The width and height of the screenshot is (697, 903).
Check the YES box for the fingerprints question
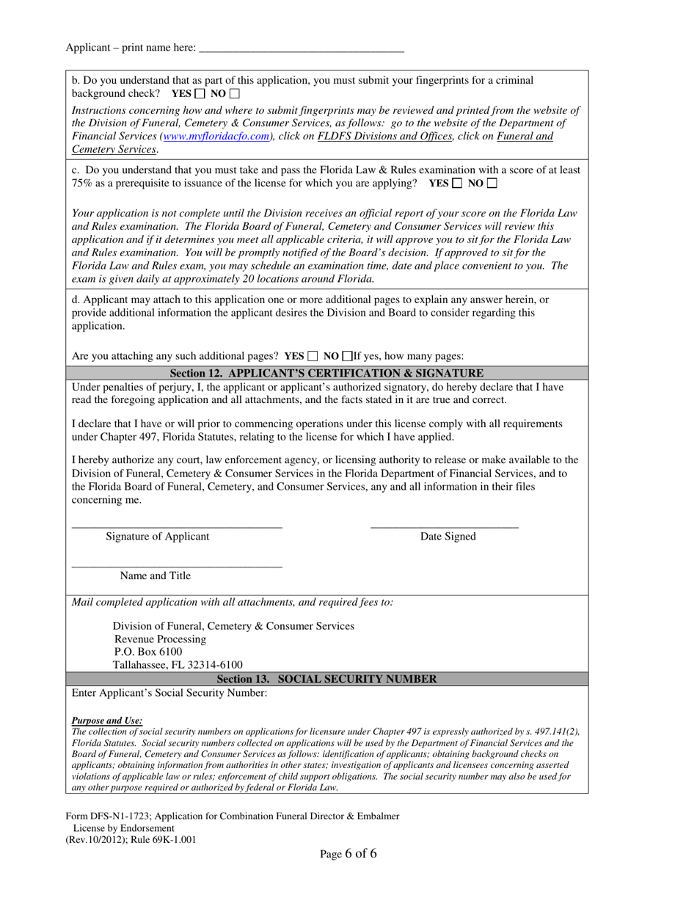click(x=200, y=94)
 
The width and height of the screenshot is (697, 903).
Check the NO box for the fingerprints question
click(x=234, y=94)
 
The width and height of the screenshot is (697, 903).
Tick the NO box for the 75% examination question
click(x=492, y=183)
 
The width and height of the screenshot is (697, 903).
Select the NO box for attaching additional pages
click(x=347, y=357)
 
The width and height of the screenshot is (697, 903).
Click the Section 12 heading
click(x=326, y=373)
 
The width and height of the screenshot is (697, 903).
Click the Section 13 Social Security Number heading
click(x=326, y=679)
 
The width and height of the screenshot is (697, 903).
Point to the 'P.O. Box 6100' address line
click(x=148, y=652)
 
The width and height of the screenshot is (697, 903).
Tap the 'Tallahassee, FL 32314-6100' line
click(x=178, y=665)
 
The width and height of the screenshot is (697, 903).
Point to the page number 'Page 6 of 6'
click(x=348, y=854)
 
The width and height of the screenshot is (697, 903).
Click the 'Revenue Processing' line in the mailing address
click(x=160, y=639)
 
